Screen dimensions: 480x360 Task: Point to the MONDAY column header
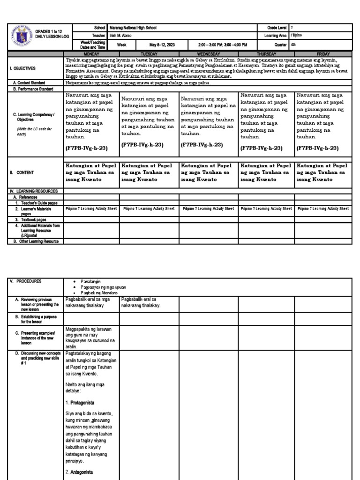pos(91,54)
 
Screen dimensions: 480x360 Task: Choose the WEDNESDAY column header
pos(209,54)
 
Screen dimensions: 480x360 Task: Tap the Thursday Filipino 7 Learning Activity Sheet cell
pos(266,209)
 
